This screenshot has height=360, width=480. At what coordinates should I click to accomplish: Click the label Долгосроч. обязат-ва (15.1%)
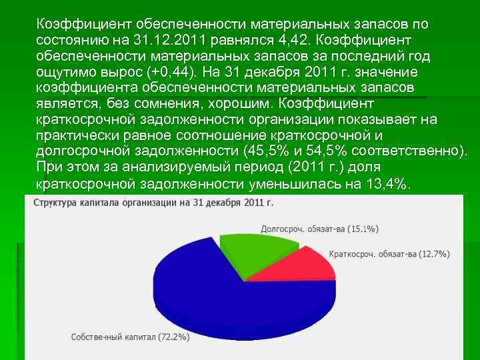pos(319,229)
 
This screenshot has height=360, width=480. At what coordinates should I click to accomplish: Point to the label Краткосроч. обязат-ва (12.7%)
pos(389,254)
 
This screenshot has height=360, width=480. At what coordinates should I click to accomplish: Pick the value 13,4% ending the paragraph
pos(387,183)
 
